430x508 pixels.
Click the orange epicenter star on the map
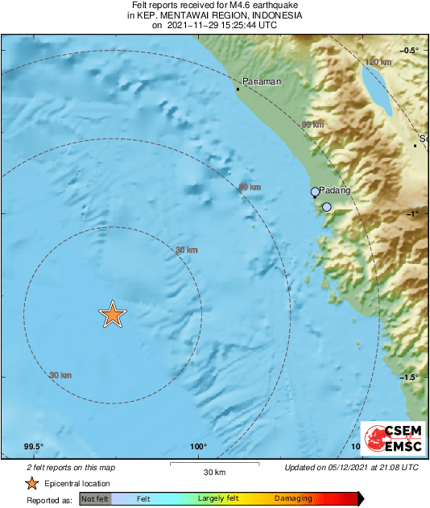[113, 315]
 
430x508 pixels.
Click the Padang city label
[335, 190]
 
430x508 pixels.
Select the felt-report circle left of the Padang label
[316, 192]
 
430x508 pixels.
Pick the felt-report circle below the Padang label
[327, 208]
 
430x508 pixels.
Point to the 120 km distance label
[378, 62]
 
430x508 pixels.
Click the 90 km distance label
[312, 126]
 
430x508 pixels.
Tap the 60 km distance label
[250, 188]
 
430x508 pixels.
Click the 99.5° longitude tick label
[33, 447]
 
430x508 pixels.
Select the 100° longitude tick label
[199, 447]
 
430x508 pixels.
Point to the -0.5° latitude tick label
[409, 50]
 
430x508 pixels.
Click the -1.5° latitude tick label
[409, 377]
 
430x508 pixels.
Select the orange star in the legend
[31, 483]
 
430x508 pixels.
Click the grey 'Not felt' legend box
[94, 499]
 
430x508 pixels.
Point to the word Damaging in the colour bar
[292, 499]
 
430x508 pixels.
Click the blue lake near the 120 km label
[376, 87]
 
